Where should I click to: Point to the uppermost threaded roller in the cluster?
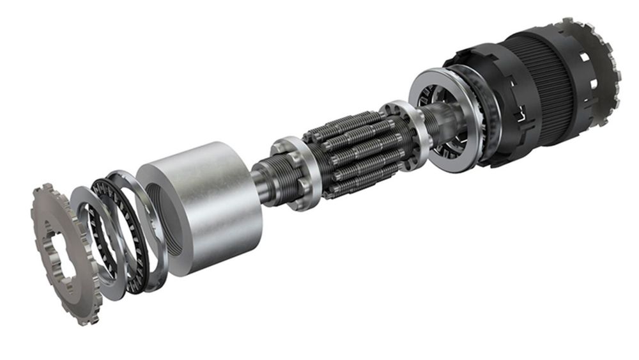pos(348,121)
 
